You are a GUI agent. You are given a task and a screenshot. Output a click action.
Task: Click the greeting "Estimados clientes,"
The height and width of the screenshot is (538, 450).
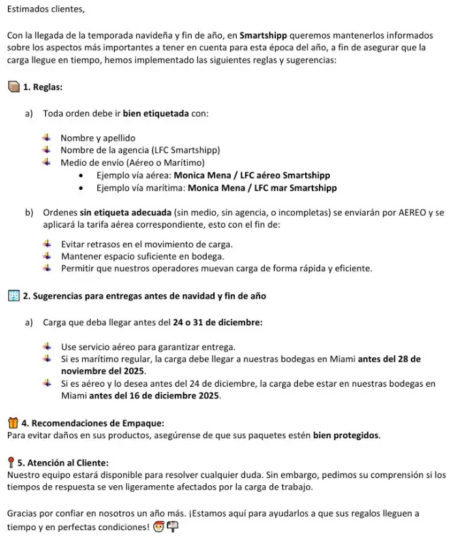[x=46, y=10]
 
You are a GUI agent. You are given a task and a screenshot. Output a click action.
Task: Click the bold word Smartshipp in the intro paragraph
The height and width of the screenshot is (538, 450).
[x=265, y=35]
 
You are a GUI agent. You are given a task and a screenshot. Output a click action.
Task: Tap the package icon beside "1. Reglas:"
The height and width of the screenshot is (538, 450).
[x=13, y=87]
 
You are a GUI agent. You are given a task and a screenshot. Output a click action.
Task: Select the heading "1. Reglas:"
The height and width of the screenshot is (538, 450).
[x=42, y=87]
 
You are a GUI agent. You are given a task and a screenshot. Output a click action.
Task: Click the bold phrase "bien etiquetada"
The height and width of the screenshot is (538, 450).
[x=156, y=113]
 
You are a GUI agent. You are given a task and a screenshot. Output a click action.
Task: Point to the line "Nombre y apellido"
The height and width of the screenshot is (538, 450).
[x=98, y=138]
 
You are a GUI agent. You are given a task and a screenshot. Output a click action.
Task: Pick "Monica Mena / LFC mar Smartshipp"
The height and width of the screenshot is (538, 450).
[x=262, y=188]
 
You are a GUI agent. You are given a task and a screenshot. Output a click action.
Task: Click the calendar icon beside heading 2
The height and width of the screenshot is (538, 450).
[x=13, y=296]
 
